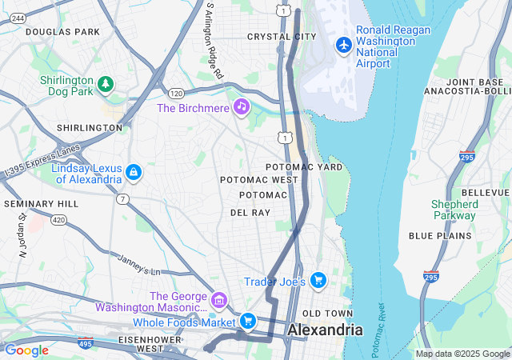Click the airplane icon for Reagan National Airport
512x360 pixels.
(x=344, y=44)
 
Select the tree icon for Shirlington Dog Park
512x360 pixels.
(x=105, y=82)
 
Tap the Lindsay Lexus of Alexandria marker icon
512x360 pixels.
(x=134, y=172)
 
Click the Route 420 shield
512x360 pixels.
(x=59, y=218)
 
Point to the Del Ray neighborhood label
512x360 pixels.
(x=250, y=213)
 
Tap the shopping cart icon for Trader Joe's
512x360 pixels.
(x=318, y=280)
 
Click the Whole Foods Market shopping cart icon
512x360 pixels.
(x=248, y=320)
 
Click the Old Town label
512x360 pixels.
(x=326, y=313)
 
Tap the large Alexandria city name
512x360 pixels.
(x=325, y=330)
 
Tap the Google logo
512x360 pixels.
(x=26, y=350)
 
